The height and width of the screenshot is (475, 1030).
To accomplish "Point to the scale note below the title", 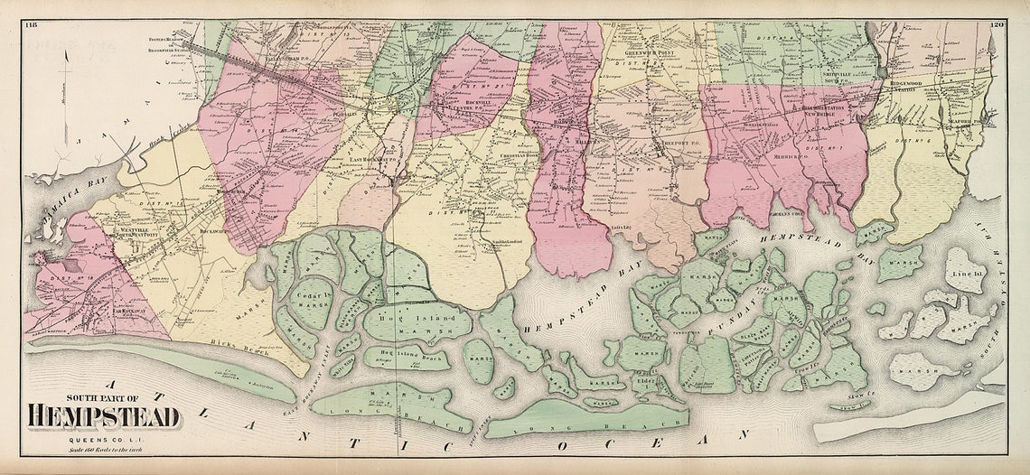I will (102, 448).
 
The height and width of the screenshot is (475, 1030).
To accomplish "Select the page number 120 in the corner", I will (997, 24).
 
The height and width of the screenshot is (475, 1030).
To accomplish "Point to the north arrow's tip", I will (66, 49).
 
